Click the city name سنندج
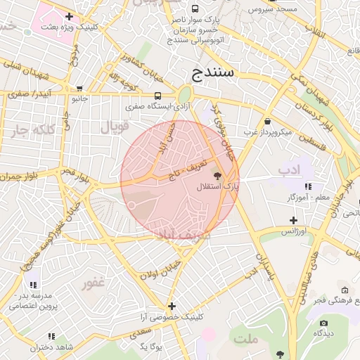[x=216, y=72]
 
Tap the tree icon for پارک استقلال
[x=217, y=175]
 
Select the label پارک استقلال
[x=221, y=187]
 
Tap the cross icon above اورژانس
[x=293, y=220]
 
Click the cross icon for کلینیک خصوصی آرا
[x=172, y=306]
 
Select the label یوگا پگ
[x=151, y=347]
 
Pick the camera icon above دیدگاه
[x=323, y=323]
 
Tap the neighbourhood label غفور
[x=93, y=283]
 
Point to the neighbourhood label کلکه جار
[x=33, y=130]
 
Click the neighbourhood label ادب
[x=288, y=169]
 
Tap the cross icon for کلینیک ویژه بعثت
[x=68, y=15]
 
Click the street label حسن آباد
[x=166, y=137]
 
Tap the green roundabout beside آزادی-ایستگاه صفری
[x=184, y=94]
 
